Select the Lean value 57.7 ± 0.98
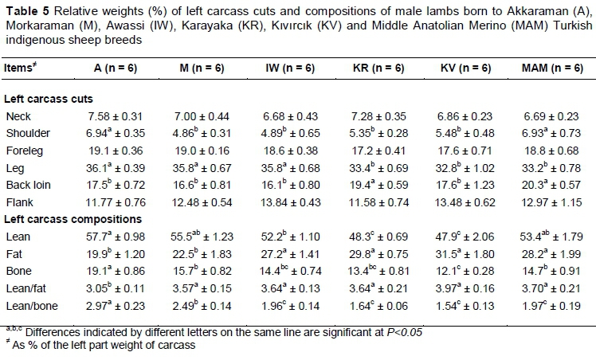[116, 237]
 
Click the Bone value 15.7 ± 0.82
[202, 267]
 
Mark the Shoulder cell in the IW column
[291, 134]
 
